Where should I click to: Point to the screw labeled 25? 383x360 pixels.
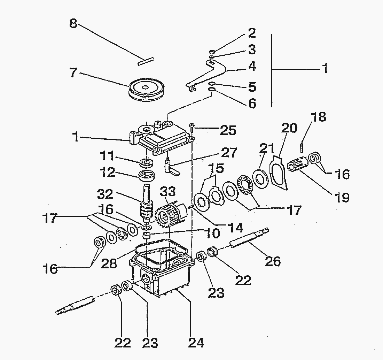point(191,127)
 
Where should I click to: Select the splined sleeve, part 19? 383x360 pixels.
point(297,165)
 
